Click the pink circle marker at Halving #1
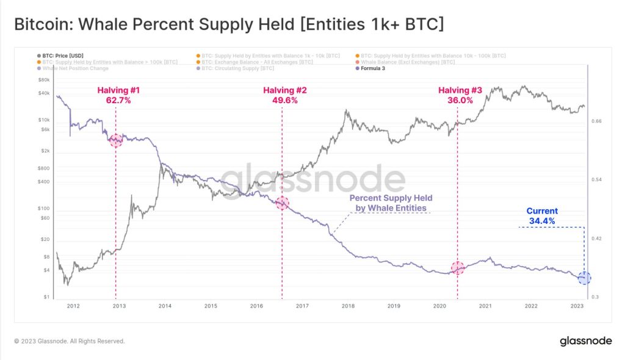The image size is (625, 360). [116, 140]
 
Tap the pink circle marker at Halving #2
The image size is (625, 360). [282, 203]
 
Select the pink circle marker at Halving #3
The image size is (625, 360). [458, 267]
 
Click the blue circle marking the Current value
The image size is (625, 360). [584, 278]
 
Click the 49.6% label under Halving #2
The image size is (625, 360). [284, 101]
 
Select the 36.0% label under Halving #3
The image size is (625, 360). [460, 101]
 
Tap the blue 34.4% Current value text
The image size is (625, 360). [542, 221]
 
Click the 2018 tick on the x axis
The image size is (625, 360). [348, 306]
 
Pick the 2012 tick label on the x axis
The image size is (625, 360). [73, 306]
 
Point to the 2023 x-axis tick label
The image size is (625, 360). [577, 306]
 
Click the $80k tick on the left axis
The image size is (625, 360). [45, 80]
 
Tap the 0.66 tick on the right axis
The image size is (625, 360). [597, 121]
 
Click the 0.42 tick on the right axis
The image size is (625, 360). [597, 239]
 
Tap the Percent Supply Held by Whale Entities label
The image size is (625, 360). [391, 203]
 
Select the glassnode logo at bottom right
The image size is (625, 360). [585, 341]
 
